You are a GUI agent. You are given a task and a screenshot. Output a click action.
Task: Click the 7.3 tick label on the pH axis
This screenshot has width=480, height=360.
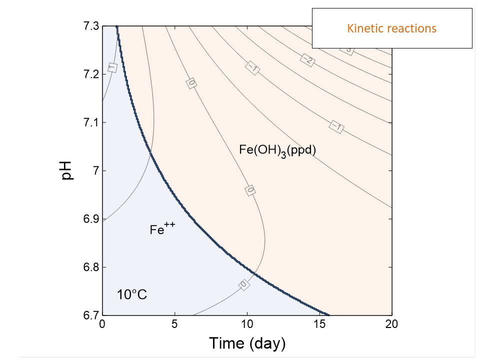[90, 26]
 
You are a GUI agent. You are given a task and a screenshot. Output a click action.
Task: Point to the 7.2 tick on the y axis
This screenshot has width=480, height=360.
[90, 74]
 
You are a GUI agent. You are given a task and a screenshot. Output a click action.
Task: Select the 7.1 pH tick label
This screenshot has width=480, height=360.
[90, 122]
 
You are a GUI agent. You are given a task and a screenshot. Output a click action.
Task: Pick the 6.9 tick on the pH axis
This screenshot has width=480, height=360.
[90, 219]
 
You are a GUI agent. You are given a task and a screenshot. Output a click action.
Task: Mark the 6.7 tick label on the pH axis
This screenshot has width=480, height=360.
[90, 315]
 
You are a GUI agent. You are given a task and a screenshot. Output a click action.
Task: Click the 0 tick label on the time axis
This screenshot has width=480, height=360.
[102, 324]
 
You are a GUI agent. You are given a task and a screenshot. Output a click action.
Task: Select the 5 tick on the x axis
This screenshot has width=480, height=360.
[174, 324]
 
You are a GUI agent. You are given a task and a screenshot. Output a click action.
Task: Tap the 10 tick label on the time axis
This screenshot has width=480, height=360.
[247, 324]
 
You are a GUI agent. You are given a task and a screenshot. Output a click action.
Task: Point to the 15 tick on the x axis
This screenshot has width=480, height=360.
[319, 324]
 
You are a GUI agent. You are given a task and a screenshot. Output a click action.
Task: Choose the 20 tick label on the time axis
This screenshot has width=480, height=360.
[392, 324]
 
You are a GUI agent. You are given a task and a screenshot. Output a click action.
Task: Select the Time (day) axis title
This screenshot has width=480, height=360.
[247, 343]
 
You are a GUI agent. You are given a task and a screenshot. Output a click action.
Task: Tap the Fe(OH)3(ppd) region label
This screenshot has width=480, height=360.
[277, 150]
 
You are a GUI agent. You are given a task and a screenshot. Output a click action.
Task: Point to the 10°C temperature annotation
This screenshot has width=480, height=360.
[132, 294]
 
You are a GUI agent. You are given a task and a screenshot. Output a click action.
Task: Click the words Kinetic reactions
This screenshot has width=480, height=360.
[391, 28]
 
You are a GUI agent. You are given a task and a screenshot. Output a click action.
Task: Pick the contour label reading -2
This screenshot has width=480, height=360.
[307, 59]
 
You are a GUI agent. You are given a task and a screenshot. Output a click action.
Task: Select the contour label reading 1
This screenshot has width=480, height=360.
[112, 67]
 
